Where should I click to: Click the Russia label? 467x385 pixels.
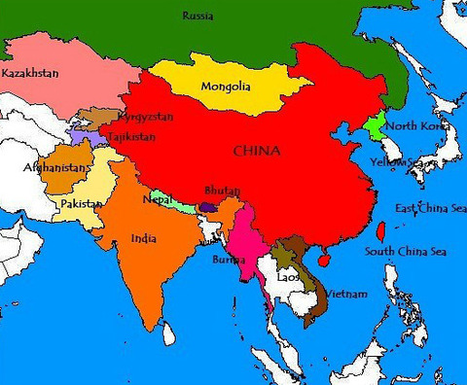tap(198, 16)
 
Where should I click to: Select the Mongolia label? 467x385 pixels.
tap(226, 87)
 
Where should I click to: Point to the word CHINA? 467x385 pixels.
tap(257, 151)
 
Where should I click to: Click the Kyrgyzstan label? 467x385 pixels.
tap(145, 117)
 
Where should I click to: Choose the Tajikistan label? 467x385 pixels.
tap(131, 137)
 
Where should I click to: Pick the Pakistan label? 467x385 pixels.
tap(81, 203)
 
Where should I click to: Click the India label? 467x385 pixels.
tap(143, 237)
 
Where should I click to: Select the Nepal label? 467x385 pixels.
tap(158, 198)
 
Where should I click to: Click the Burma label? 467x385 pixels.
tap(230, 259)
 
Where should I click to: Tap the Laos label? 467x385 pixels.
tap(288, 277)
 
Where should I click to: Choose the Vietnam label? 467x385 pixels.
tap(346, 294)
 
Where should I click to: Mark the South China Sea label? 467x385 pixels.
tap(405, 252)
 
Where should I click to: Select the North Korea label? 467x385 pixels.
tap(415, 126)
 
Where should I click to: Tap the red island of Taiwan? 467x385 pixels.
tap(380, 231)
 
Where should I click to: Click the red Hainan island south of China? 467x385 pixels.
tap(323, 261)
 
